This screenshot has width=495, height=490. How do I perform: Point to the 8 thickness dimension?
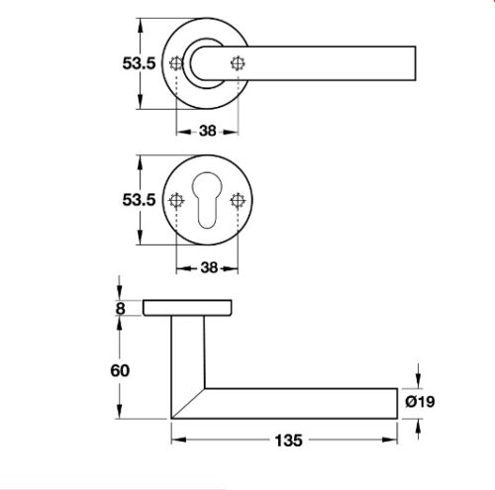(x=121, y=308)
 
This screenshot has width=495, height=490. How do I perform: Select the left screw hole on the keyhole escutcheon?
(x=177, y=200)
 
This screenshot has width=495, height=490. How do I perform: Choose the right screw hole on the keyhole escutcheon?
(x=237, y=200)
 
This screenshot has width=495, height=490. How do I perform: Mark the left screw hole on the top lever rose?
(x=177, y=64)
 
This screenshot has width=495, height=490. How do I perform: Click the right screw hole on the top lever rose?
(x=237, y=64)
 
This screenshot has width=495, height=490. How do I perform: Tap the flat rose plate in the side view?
(x=189, y=308)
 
